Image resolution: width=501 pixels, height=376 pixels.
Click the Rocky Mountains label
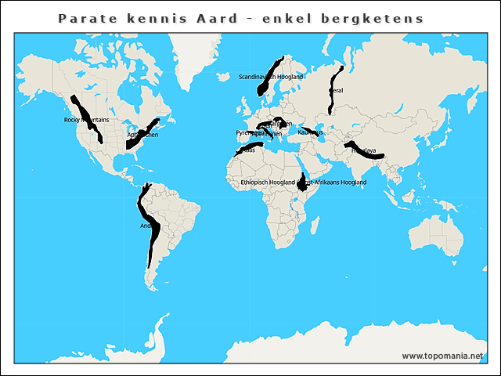86,120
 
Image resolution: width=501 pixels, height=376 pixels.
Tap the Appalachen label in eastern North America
142,135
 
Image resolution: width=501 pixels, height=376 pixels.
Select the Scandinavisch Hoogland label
271,77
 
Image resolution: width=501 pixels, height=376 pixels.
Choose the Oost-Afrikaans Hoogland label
334,182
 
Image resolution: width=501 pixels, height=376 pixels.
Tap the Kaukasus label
310,132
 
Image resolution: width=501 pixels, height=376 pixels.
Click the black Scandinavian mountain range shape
269,78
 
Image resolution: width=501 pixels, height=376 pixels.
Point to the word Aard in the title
216,17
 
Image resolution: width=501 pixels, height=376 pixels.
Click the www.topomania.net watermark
442,356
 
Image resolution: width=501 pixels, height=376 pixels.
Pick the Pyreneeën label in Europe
247,133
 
